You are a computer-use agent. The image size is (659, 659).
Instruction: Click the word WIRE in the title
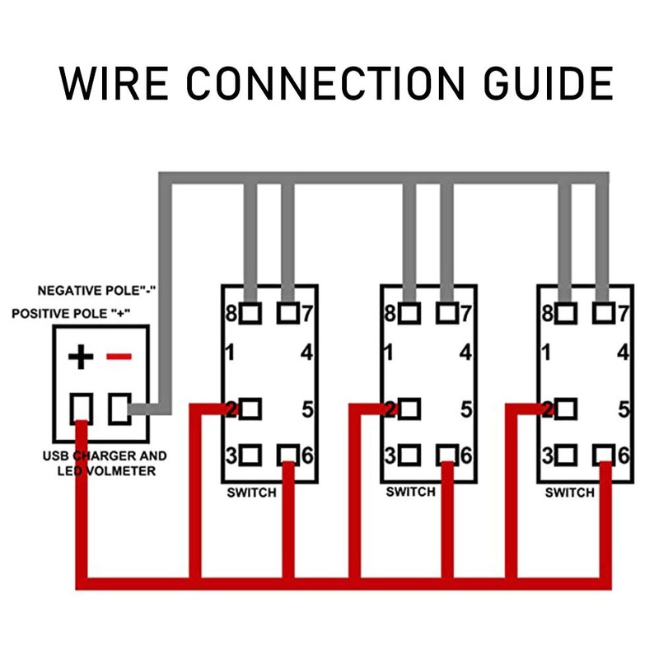point(114,83)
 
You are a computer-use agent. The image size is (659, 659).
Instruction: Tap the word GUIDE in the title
point(549,83)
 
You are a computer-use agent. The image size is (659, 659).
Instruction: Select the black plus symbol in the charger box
point(81,357)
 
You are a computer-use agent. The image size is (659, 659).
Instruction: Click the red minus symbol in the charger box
point(119,357)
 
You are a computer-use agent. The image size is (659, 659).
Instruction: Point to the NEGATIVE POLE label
point(96,291)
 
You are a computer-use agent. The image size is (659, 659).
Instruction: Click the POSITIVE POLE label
point(71,314)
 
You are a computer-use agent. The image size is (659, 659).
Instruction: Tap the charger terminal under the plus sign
point(81,409)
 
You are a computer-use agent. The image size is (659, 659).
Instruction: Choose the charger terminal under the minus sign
point(119,409)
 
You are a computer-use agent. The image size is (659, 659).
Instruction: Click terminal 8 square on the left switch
point(250,313)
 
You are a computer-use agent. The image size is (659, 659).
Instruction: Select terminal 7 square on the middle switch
point(446,313)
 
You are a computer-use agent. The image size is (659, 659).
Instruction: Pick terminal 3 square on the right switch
point(566,456)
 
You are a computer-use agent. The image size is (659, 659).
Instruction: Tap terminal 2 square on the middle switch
point(409,409)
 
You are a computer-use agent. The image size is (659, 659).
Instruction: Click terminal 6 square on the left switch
point(288,456)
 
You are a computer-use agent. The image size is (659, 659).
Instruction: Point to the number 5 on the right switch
point(624,409)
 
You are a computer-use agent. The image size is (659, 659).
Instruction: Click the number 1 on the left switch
point(230,353)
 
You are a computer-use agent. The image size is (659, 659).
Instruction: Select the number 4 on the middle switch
point(465,353)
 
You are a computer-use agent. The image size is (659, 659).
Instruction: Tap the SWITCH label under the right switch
point(569,492)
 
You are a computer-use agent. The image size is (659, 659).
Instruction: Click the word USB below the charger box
point(56,456)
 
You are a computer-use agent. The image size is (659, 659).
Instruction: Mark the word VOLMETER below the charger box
point(121,470)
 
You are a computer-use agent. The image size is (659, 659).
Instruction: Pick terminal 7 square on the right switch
point(604,313)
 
